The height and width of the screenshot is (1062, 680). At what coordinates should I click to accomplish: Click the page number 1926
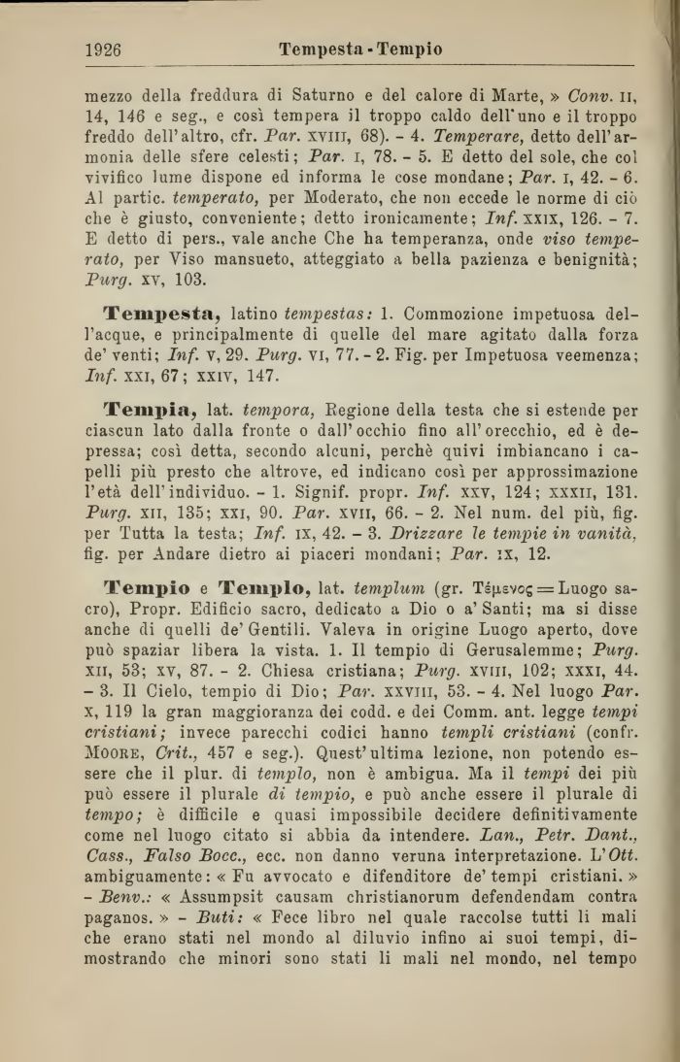click(x=103, y=50)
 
